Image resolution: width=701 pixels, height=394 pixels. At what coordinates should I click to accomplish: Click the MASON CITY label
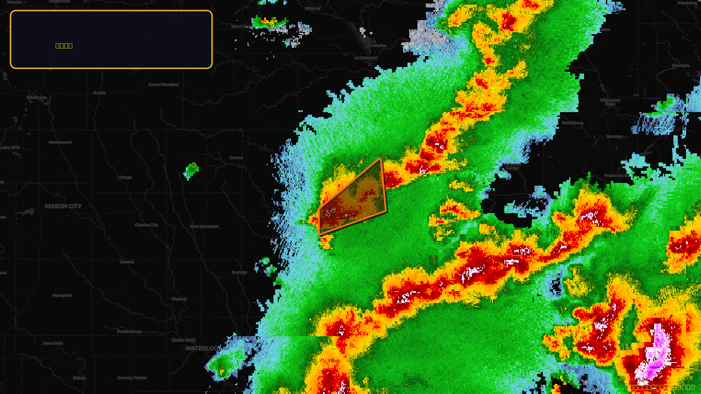click(63, 206)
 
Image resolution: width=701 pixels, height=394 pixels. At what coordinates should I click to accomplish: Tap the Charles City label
click(146, 225)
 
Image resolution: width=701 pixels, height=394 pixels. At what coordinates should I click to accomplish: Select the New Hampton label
click(204, 226)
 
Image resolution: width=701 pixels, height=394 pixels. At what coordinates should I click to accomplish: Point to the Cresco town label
click(236, 158)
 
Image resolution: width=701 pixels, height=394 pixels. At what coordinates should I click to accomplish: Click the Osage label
click(125, 177)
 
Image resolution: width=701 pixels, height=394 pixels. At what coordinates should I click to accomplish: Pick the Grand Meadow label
click(163, 84)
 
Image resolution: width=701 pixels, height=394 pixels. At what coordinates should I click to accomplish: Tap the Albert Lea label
click(36, 97)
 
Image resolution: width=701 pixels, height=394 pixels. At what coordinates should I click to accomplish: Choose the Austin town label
click(99, 93)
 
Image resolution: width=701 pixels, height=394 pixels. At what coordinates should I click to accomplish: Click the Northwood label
click(60, 142)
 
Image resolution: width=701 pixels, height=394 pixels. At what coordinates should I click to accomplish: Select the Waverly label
click(179, 299)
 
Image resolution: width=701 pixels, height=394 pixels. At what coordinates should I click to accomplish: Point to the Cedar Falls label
click(184, 340)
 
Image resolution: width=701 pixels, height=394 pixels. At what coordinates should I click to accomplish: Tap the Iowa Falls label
click(53, 343)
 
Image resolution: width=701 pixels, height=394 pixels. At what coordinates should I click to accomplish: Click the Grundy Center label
click(132, 378)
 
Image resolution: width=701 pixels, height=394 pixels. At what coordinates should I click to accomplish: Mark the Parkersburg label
click(129, 331)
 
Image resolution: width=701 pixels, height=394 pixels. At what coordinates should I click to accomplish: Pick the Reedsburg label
click(573, 123)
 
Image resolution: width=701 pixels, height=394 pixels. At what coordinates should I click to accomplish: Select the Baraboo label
click(615, 137)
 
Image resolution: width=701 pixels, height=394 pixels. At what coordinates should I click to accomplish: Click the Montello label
click(681, 66)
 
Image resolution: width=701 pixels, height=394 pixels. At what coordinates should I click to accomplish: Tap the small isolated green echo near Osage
click(191, 170)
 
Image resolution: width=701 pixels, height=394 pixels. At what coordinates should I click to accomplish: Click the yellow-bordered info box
click(111, 39)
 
